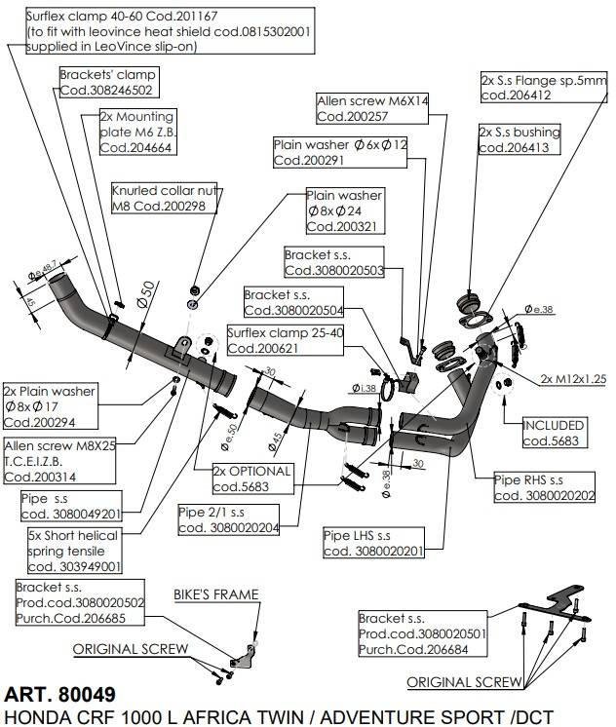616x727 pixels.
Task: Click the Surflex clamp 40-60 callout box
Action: point(160,30)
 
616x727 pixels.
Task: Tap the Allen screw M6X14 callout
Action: point(373,108)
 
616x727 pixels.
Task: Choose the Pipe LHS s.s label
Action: point(374,544)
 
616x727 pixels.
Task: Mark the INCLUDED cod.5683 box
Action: point(554,433)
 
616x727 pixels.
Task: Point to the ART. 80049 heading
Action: point(59,695)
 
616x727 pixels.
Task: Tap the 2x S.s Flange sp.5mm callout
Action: point(543,88)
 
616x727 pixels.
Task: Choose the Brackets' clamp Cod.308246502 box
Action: point(106,82)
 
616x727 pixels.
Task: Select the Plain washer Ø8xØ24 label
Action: point(344,210)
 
